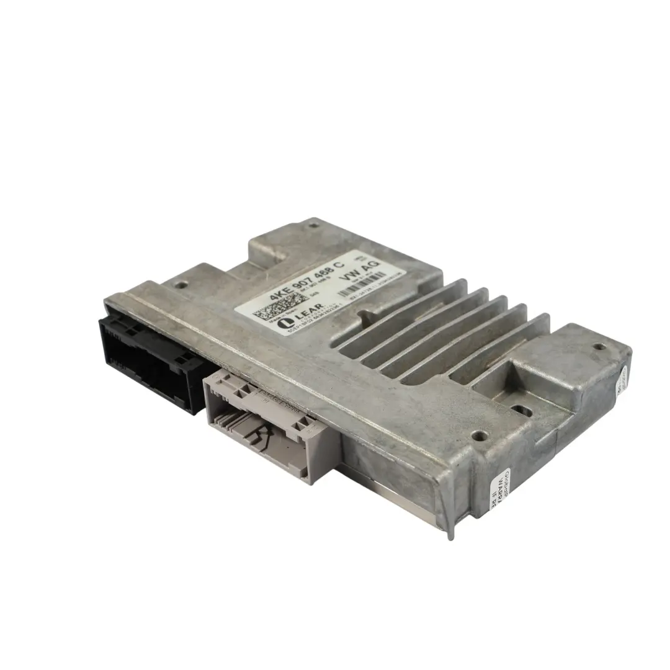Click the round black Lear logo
click(285, 323)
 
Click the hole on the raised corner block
click(599, 347)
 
